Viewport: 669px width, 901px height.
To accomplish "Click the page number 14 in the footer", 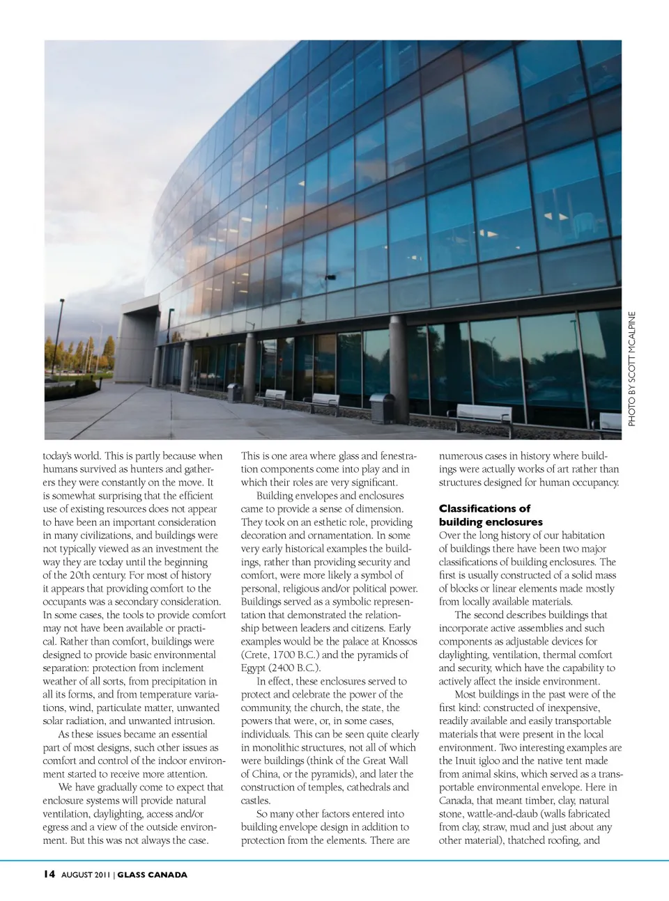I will pyautogui.click(x=49, y=875).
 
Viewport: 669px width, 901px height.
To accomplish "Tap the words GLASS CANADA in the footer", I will pyautogui.click(x=152, y=875).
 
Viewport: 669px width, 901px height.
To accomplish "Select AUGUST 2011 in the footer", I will pyautogui.click(x=86, y=875).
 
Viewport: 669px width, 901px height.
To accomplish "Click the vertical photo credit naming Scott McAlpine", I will pyautogui.click(x=632, y=368).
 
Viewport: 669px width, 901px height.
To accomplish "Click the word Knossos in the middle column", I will pyautogui.click(x=399, y=641).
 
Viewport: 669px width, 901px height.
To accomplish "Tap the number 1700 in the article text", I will pyautogui.click(x=286, y=655).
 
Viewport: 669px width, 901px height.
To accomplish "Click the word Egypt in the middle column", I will pyautogui.click(x=254, y=668).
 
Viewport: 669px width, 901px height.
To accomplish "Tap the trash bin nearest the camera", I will pyautogui.click(x=382, y=408).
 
